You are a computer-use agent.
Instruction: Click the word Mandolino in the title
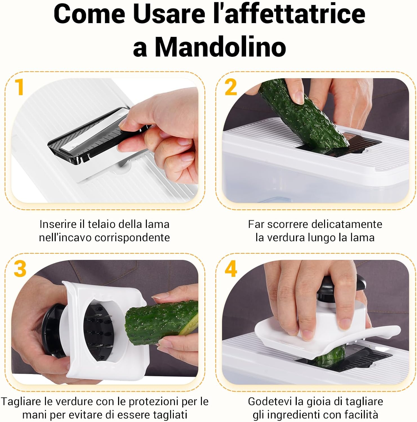tap(220, 47)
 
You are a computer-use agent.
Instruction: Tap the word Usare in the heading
tap(169, 14)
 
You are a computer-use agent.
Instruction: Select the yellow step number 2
tap(231, 87)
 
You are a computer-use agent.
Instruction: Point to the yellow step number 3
tap(20, 269)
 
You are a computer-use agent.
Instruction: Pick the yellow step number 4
tap(231, 269)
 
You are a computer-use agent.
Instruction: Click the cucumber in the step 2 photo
tap(301, 113)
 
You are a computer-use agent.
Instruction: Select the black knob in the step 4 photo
tap(335, 287)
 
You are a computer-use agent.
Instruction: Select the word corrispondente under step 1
tap(132, 238)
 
